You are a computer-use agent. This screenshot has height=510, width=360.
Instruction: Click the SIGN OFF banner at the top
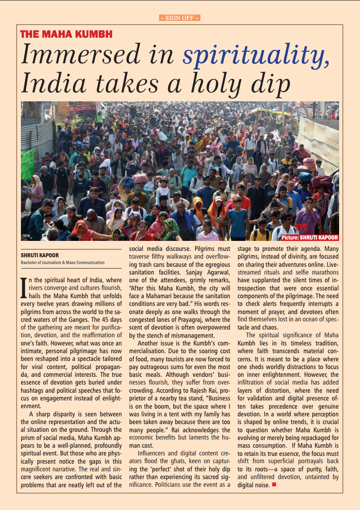tap(180, 18)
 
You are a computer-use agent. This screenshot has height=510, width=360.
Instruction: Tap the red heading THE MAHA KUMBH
tap(66, 34)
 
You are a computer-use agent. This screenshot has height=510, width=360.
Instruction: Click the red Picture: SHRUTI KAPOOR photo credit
tap(310, 237)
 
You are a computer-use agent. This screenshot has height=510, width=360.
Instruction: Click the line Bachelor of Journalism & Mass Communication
tap(63, 262)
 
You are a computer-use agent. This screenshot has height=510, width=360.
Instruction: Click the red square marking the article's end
tap(274, 485)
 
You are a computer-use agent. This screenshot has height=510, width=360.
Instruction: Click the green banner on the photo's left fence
tap(27, 164)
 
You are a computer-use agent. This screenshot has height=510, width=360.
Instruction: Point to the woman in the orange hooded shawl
tap(199, 207)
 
